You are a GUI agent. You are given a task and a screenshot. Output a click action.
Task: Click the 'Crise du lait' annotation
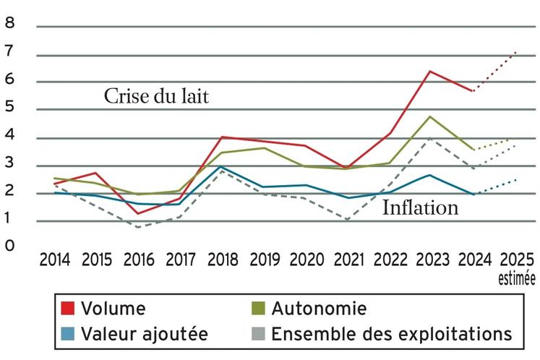156,97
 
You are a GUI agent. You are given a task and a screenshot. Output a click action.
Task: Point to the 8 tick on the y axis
9,23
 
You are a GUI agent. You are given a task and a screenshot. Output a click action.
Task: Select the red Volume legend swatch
68,309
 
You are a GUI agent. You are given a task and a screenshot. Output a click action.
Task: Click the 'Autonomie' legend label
319,309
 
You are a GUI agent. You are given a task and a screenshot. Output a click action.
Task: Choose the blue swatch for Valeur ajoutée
68,334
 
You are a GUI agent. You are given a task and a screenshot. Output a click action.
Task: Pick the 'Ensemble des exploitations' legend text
392,334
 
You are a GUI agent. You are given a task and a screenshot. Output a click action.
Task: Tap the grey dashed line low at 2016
140,227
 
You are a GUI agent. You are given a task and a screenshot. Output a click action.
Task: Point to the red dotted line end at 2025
515,51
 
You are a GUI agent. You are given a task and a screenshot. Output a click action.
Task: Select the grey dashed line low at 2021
350,219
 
